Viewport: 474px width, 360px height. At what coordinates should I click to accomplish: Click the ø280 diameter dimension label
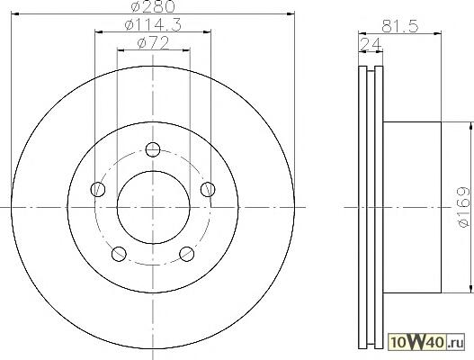click(153, 6)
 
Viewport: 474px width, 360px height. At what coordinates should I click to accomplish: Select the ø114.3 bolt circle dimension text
click(153, 24)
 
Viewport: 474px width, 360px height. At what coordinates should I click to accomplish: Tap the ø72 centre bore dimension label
click(153, 43)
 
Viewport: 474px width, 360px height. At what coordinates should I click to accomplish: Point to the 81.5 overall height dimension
click(399, 26)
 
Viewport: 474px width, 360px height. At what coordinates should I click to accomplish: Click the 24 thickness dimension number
click(371, 45)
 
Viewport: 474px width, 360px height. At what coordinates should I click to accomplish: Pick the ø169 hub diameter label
click(464, 207)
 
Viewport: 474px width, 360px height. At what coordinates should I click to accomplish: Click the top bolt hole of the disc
click(153, 149)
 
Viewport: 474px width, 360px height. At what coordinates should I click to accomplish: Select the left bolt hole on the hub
click(98, 189)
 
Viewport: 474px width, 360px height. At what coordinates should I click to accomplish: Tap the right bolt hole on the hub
click(208, 189)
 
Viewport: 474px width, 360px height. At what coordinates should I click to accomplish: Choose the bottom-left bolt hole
click(119, 254)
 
